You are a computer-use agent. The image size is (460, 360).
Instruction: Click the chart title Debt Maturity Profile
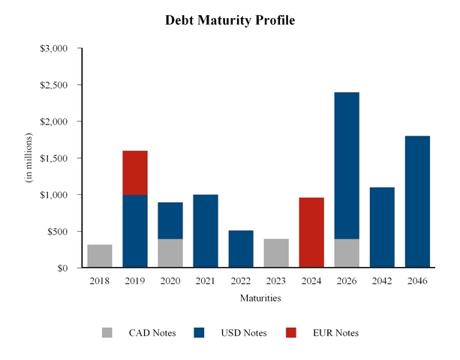click(x=230, y=20)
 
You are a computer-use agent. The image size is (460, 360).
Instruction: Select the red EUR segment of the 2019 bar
click(x=135, y=172)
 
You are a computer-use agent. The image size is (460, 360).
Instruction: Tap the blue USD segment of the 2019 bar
click(x=135, y=231)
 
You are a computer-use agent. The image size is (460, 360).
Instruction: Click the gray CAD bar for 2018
click(x=100, y=256)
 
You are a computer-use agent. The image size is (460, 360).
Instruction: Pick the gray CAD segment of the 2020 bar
click(x=170, y=253)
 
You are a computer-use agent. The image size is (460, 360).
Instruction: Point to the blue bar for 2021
click(x=206, y=231)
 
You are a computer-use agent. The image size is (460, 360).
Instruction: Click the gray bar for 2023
click(x=276, y=253)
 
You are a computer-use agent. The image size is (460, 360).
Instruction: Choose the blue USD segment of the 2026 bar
click(x=347, y=166)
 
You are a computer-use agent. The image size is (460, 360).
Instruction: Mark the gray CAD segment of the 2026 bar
click(x=347, y=253)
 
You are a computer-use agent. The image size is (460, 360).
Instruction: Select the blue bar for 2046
click(x=417, y=202)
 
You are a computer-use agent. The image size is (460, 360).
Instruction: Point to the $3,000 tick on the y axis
click(x=54, y=49)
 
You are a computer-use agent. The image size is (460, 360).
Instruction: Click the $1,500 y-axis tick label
click(x=54, y=158)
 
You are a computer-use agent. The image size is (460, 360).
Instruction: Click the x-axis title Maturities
click(x=260, y=298)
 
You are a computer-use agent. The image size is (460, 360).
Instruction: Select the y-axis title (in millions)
click(x=29, y=158)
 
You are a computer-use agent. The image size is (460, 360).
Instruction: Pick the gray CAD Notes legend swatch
click(x=108, y=333)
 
